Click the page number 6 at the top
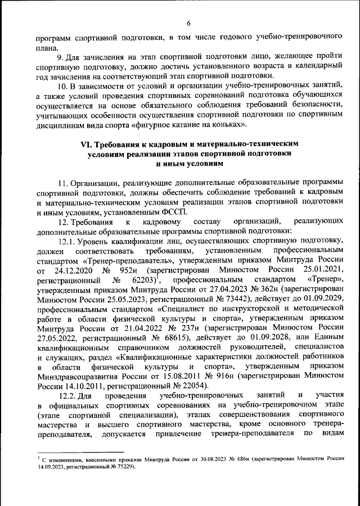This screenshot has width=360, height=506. coord(188,22)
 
